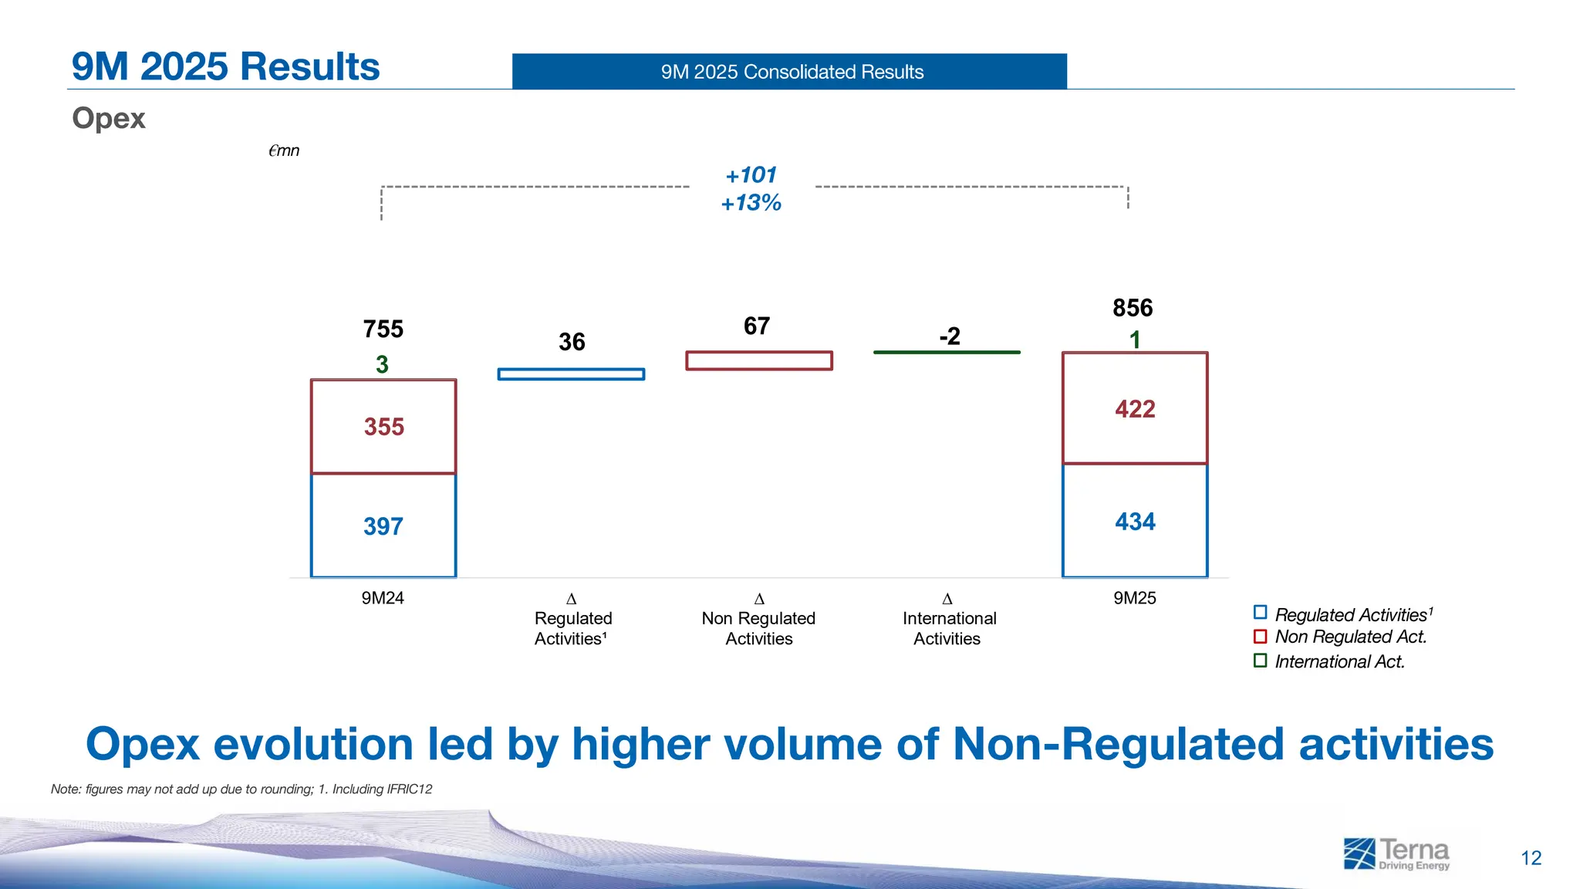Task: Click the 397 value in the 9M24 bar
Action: [x=383, y=526]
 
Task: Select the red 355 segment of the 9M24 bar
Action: [x=383, y=427]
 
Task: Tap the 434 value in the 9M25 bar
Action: [x=1135, y=522]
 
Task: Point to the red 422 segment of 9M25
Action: [x=1135, y=409]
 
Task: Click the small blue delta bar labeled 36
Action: [x=571, y=374]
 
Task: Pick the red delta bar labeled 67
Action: [x=759, y=360]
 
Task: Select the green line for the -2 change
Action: [x=947, y=352]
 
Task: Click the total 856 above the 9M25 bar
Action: [x=1133, y=308]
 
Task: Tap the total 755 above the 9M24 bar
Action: [x=383, y=329]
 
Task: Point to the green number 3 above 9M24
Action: [x=382, y=364]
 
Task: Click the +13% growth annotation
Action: [x=751, y=203]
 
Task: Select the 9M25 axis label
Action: [x=1134, y=598]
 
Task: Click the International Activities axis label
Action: [x=948, y=628]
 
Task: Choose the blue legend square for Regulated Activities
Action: [x=1260, y=613]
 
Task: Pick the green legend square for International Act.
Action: [x=1260, y=661]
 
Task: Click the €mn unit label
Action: [x=284, y=150]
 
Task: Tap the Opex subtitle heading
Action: [x=109, y=118]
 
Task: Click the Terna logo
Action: [x=1396, y=854]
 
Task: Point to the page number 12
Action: [x=1531, y=858]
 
